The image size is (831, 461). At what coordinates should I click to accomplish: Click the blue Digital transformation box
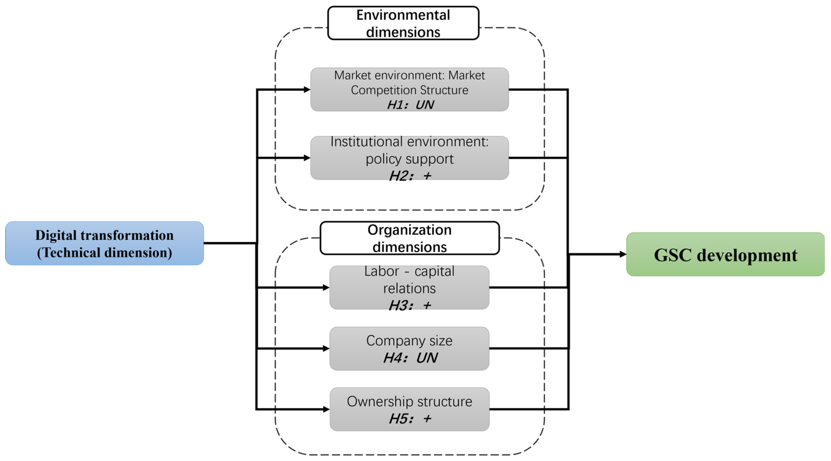(x=104, y=243)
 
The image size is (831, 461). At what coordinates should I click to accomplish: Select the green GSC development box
(x=725, y=254)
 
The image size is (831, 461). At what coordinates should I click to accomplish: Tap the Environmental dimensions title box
(x=403, y=23)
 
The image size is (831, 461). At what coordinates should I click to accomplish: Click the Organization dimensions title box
(x=409, y=238)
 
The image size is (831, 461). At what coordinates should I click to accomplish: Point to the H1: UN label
(x=410, y=105)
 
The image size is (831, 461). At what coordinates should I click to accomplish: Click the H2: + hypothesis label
(x=410, y=176)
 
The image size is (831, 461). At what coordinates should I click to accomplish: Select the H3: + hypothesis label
(x=410, y=305)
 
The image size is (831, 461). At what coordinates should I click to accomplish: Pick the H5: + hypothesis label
(x=410, y=418)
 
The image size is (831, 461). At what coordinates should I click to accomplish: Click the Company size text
(x=409, y=341)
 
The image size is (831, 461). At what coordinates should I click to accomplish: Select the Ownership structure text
(x=409, y=401)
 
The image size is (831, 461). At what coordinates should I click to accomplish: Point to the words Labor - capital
(x=409, y=271)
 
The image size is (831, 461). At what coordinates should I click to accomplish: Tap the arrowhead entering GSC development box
(x=622, y=254)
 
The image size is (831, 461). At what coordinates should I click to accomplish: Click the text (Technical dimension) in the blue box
(x=104, y=253)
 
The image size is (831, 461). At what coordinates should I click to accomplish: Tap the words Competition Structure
(x=409, y=90)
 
